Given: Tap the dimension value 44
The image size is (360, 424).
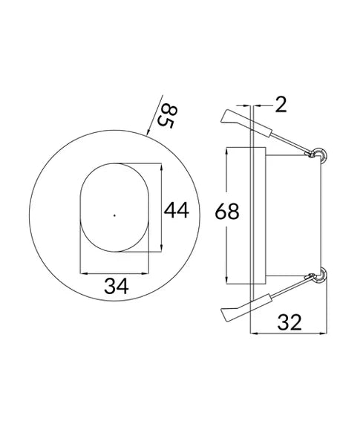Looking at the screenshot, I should (176, 211).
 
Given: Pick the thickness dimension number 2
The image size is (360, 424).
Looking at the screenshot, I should (281, 105).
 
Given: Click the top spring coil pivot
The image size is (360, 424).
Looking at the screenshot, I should (320, 154).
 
